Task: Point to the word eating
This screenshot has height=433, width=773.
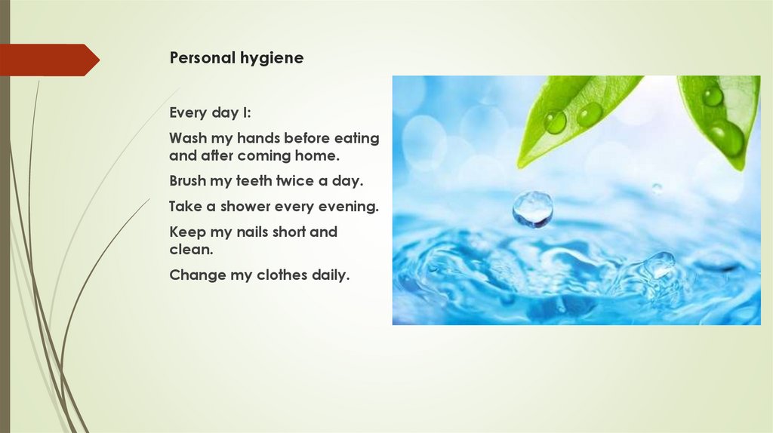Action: coord(359,138)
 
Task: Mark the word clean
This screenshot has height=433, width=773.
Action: coord(191,250)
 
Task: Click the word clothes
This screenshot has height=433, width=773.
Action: coord(280,275)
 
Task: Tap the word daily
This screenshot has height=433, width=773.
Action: coord(331,275)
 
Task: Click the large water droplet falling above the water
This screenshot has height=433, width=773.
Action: coord(532,208)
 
